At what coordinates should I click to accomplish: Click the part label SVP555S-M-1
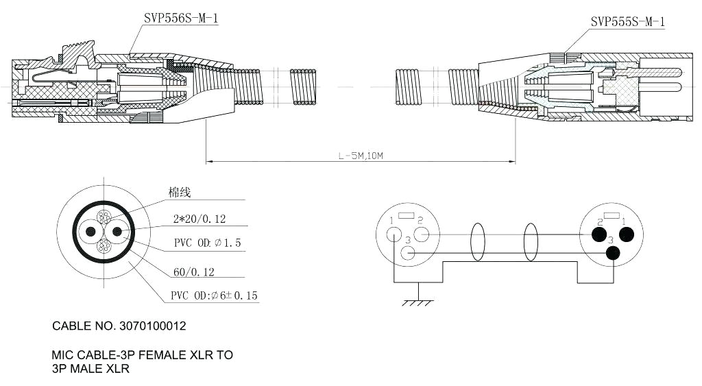click(x=627, y=22)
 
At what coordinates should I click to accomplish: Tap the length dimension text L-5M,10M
click(x=361, y=156)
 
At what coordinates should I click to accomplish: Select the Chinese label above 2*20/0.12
click(x=180, y=193)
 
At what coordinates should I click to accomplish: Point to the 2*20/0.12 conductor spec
click(x=199, y=219)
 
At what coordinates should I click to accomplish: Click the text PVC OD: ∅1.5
click(x=207, y=243)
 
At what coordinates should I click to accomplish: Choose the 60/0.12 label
click(x=193, y=272)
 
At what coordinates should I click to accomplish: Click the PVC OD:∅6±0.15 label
click(x=214, y=296)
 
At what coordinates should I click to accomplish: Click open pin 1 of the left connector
click(x=394, y=234)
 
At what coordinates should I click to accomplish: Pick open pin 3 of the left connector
click(x=408, y=254)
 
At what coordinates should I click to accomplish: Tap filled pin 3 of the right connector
click(x=613, y=254)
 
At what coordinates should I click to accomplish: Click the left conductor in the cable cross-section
click(x=89, y=232)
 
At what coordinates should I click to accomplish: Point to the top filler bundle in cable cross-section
click(x=104, y=217)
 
